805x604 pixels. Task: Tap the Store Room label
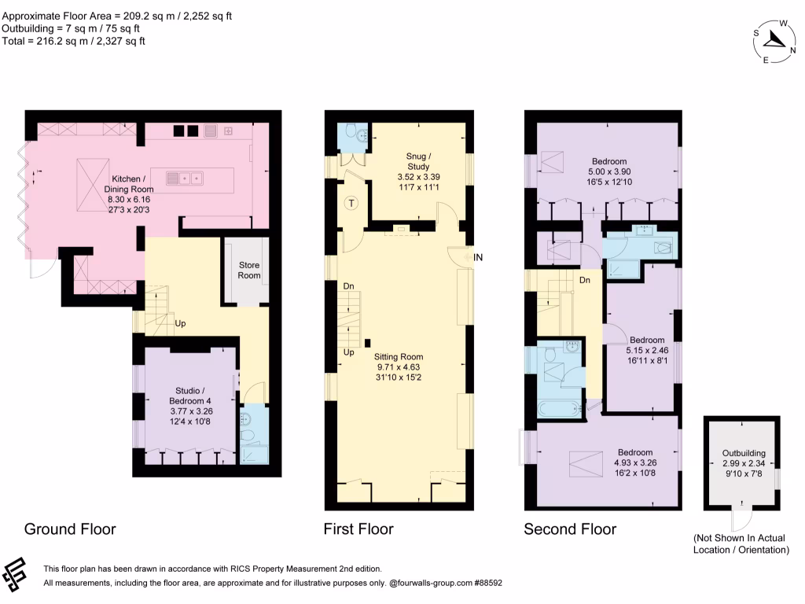click(x=249, y=270)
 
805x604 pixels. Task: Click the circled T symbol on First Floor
click(x=352, y=204)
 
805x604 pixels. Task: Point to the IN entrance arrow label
click(x=478, y=257)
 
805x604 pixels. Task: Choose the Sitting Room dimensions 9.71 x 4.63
click(x=399, y=365)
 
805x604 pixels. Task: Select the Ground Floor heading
click(x=70, y=528)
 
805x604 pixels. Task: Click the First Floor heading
click(x=358, y=528)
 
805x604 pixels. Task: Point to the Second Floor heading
click(x=570, y=528)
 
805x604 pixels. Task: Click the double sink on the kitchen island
click(x=185, y=178)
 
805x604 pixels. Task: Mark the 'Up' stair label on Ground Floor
click(x=179, y=323)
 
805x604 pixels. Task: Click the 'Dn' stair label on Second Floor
click(x=585, y=279)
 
